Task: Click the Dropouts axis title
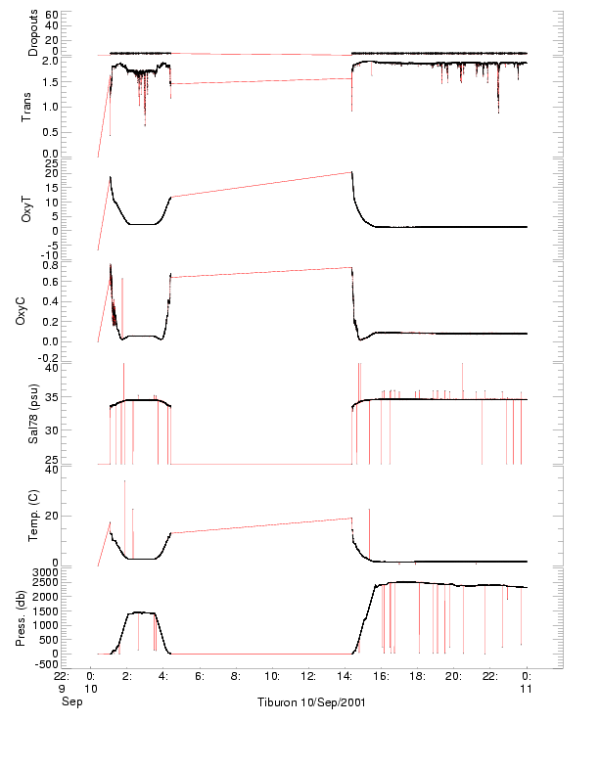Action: click(x=33, y=33)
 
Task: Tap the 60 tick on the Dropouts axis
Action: click(x=52, y=16)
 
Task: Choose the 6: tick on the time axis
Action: click(x=199, y=675)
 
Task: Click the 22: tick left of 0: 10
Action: click(x=62, y=675)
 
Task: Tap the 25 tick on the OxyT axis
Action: click(x=52, y=162)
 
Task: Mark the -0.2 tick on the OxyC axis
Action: click(x=49, y=358)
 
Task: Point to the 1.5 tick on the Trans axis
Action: click(x=50, y=108)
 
